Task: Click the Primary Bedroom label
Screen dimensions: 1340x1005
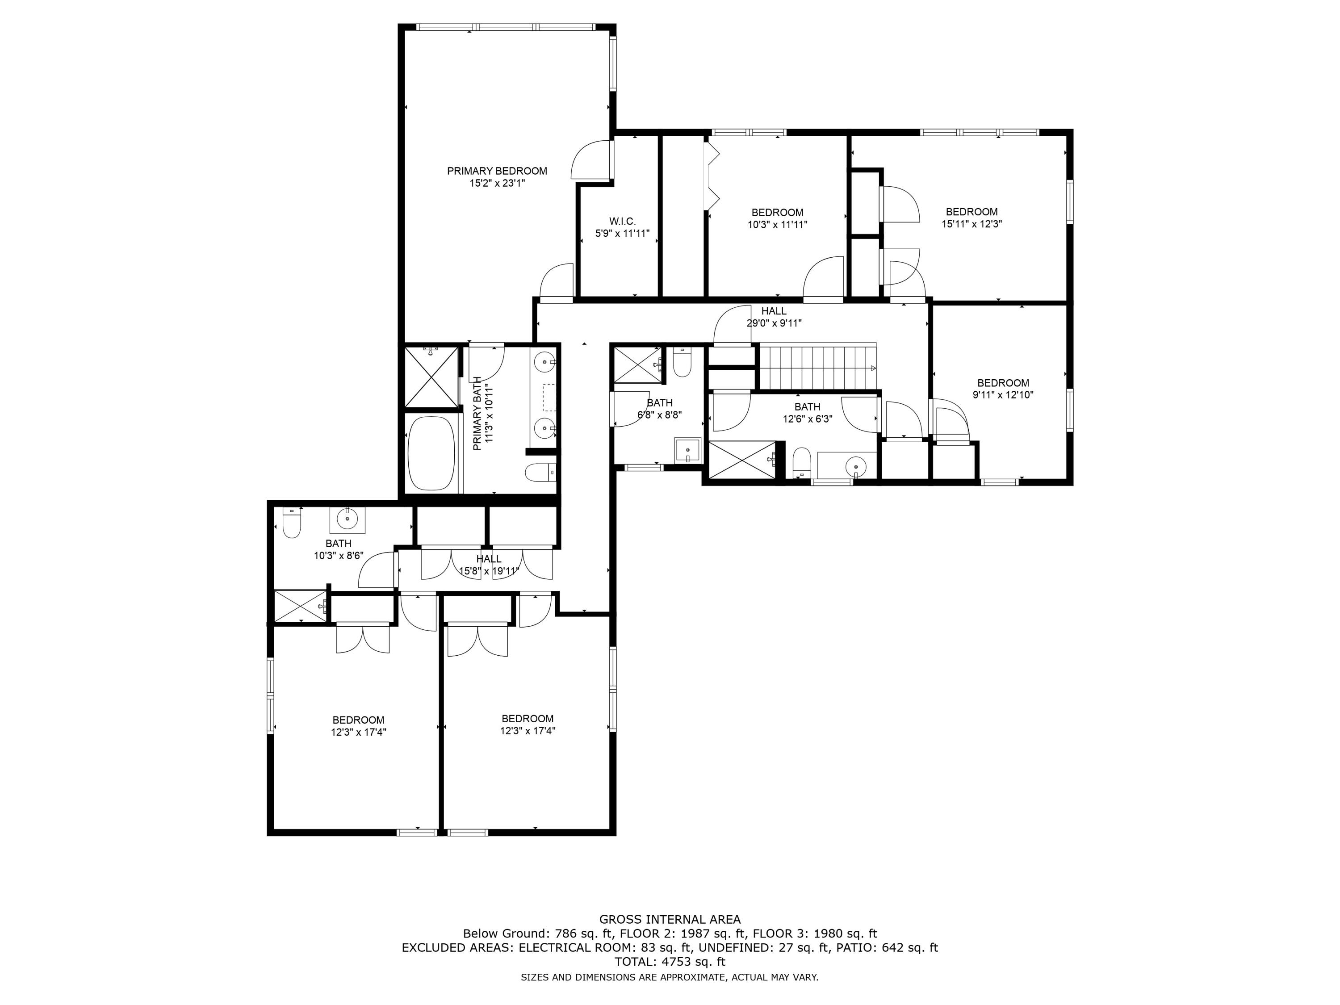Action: (x=497, y=171)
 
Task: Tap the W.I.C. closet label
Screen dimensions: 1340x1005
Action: (x=622, y=222)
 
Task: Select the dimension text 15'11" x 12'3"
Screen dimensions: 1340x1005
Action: (x=971, y=223)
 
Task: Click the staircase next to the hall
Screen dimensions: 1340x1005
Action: (x=818, y=368)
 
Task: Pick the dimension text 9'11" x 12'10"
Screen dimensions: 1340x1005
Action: (x=1003, y=394)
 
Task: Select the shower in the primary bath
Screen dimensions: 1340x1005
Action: (x=431, y=376)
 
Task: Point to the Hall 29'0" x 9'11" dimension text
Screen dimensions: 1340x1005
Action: (x=774, y=323)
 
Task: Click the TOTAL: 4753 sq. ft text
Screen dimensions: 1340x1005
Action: (x=670, y=961)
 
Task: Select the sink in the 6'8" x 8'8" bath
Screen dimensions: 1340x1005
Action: (x=687, y=449)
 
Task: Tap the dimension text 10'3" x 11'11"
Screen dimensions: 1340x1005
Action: (x=777, y=224)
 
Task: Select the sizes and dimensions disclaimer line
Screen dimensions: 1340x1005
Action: (x=670, y=977)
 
